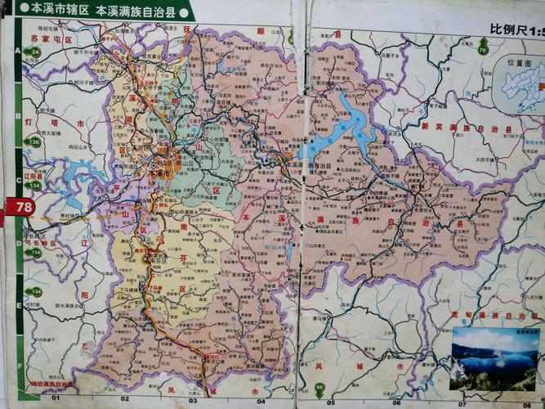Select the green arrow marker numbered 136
point(33,142)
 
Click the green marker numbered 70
point(483,50)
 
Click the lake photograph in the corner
point(494,358)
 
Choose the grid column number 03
point(193,400)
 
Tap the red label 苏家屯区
point(51,38)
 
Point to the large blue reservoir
point(343,131)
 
